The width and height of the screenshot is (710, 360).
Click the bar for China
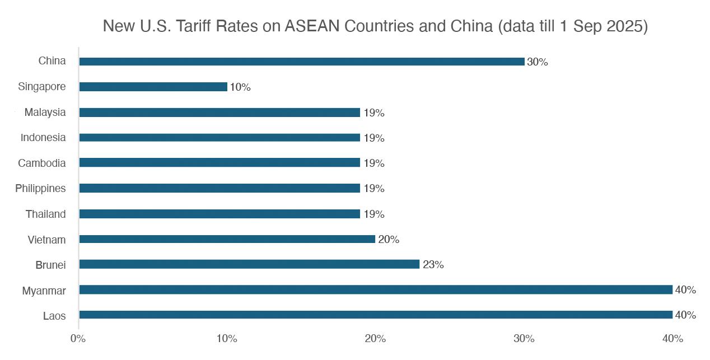coord(302,62)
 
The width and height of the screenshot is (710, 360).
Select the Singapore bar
coord(153,87)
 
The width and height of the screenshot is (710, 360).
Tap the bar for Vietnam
coord(227,239)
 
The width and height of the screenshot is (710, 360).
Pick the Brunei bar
coord(249,264)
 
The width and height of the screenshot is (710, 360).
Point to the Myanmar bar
coord(376,289)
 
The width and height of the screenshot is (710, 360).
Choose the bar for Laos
coord(376,315)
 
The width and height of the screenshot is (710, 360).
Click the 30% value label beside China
coord(537,62)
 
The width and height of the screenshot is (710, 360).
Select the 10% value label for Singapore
coord(240,87)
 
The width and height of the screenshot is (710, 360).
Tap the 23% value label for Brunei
coord(433,265)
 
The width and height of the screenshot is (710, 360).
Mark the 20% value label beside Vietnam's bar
coord(389,240)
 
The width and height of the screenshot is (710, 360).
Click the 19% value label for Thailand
coord(374,214)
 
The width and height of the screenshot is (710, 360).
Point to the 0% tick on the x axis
coord(78,339)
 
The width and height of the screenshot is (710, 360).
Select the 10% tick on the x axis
coord(227,339)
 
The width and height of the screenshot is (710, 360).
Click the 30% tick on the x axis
coord(524,339)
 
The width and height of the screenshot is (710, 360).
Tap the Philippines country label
coord(40,189)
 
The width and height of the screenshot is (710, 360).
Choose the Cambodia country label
coord(42,163)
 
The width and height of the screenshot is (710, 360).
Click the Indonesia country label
coord(43,138)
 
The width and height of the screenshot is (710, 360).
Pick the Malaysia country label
coord(45,113)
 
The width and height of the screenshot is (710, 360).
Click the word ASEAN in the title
coord(312,26)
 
